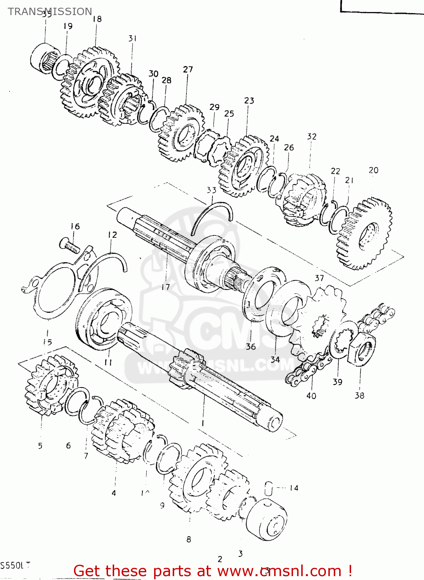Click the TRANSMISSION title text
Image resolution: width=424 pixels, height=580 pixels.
tap(50, 12)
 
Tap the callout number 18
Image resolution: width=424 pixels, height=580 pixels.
tap(97, 19)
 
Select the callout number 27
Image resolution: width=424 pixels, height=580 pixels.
tap(188, 69)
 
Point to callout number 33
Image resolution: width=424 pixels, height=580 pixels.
tap(211, 190)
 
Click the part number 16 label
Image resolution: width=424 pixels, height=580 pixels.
tap(75, 226)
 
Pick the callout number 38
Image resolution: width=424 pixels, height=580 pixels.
tap(360, 395)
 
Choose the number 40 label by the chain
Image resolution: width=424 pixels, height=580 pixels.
tap(311, 396)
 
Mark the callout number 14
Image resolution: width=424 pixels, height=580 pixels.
tap(294, 488)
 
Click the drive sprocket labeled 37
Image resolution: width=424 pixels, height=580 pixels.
tap(319, 321)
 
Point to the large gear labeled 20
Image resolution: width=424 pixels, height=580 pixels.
tap(364, 234)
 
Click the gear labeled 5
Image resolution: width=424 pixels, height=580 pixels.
tap(48, 385)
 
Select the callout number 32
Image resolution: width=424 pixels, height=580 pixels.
tap(312, 136)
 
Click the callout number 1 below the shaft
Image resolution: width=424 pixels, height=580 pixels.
tap(202, 423)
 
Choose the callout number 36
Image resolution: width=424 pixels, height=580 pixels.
tap(251, 346)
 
